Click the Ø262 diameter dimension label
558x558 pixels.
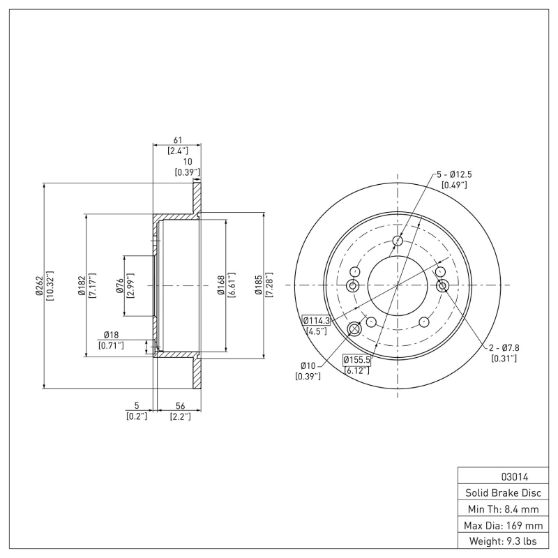39,286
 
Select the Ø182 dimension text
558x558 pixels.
82,286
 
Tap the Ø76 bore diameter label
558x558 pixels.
120,285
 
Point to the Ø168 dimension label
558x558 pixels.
220,285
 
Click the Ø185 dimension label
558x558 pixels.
259,285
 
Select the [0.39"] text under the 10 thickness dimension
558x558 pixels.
187,172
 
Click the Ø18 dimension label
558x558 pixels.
111,335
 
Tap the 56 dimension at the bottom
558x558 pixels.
180,405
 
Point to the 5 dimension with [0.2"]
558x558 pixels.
137,405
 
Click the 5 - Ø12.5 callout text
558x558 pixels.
454,174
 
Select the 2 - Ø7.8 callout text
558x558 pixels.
502,347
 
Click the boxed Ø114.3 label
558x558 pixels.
315,320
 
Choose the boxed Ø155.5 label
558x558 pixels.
356,359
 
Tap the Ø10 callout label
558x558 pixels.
308,365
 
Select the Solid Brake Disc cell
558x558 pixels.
502,493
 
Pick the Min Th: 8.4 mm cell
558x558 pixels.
502,509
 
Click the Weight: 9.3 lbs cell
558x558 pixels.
502,541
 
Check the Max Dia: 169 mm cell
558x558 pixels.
502,525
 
